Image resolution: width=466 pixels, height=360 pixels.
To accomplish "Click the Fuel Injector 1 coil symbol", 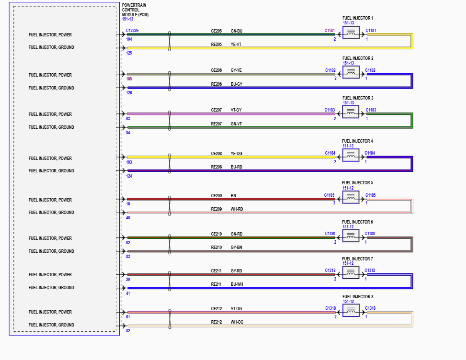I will pyautogui.click(x=351, y=33).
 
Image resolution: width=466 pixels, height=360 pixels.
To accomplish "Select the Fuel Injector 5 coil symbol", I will pyautogui.click(x=351, y=197).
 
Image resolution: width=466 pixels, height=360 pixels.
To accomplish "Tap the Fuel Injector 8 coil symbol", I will pyautogui.click(x=351, y=311).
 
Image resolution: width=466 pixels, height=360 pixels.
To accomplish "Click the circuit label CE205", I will pyautogui.click(x=216, y=31).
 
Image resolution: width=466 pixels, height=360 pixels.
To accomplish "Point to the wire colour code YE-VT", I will pyautogui.click(x=237, y=44).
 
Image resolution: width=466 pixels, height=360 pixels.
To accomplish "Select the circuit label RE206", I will pyautogui.click(x=216, y=84).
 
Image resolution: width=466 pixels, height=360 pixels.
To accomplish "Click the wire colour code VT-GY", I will pyautogui.click(x=236, y=110).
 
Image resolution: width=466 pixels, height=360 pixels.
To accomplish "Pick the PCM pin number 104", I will pyautogui.click(x=129, y=39).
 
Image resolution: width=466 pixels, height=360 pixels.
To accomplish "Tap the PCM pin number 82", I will pyautogui.click(x=128, y=331).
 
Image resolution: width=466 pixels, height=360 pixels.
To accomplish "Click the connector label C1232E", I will pyautogui.click(x=132, y=31).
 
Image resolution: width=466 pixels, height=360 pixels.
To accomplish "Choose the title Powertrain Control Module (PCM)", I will pyautogui.click(x=135, y=10).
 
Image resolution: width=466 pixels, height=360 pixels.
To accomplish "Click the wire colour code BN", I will pyautogui.click(x=233, y=196).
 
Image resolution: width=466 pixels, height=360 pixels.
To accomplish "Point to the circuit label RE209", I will pyautogui.click(x=216, y=209).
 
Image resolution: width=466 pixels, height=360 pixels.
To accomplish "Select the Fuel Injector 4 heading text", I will pyautogui.click(x=357, y=141).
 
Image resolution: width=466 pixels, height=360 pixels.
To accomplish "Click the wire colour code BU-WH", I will pyautogui.click(x=237, y=284).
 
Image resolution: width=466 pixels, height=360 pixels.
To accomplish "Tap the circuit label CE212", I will pyautogui.click(x=216, y=309).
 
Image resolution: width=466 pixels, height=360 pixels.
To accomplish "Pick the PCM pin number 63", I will pyautogui.click(x=128, y=119).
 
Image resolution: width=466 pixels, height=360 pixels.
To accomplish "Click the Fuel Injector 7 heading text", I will pyautogui.click(x=357, y=259).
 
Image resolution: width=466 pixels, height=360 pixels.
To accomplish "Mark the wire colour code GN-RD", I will pyautogui.click(x=237, y=234).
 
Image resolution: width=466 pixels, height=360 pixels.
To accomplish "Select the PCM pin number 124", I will pyautogui.click(x=129, y=176).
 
